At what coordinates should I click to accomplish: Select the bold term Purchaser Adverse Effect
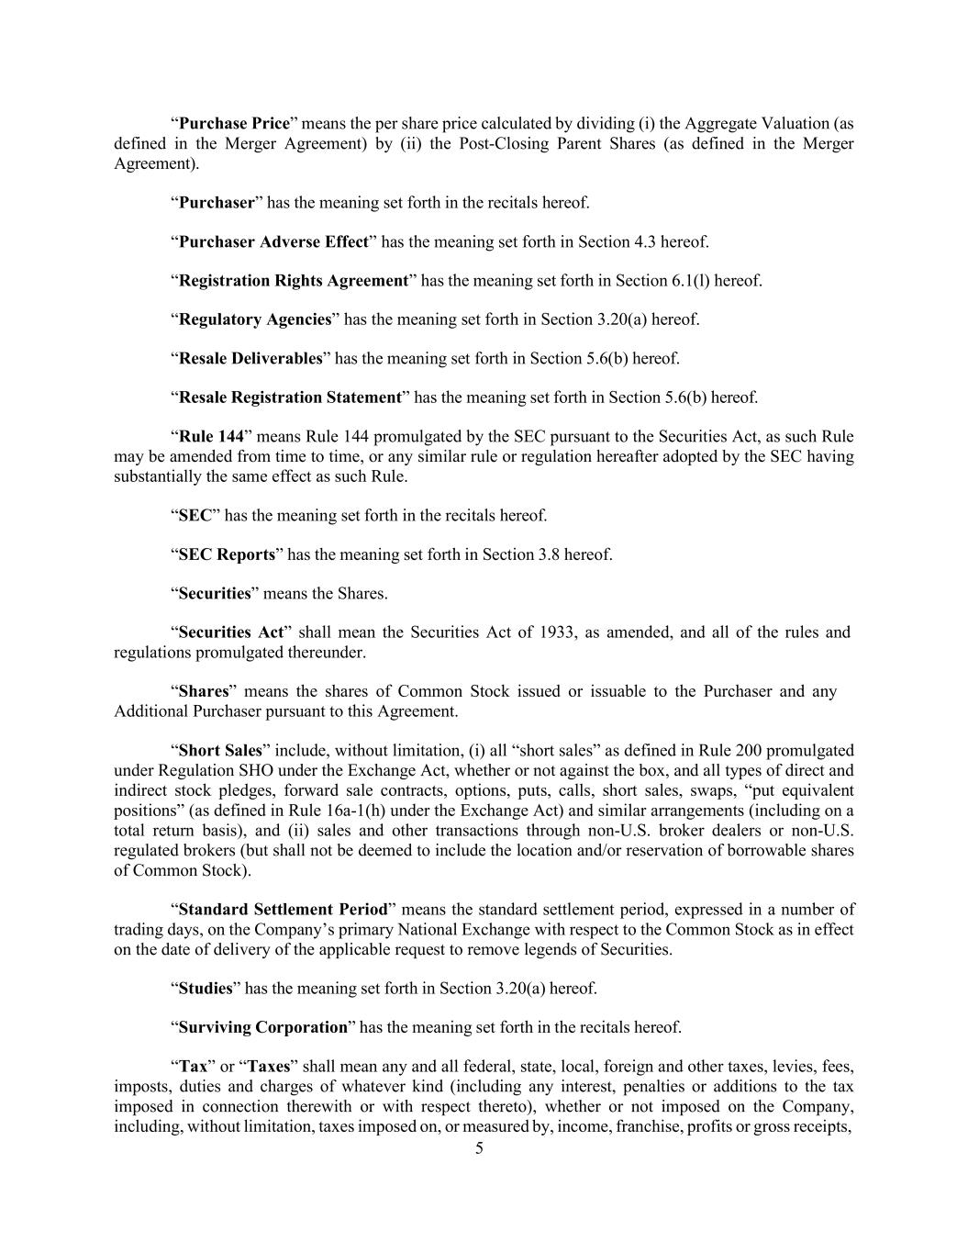coord(273,241)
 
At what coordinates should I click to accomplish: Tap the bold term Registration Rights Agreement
coord(293,280)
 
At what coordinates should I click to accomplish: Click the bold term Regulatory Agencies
coord(254,319)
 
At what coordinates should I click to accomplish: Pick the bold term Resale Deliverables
coord(250,358)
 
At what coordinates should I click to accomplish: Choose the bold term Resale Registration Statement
coord(290,397)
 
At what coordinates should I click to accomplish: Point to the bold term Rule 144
coord(211,437)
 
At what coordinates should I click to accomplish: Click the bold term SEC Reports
coord(227,554)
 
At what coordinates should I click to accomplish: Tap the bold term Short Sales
coord(220,751)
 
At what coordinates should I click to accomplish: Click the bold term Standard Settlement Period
coord(283,910)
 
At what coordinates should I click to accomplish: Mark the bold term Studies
coord(206,989)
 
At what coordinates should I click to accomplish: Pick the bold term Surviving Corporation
coord(263,1027)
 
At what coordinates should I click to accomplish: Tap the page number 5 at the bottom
coord(479,1147)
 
